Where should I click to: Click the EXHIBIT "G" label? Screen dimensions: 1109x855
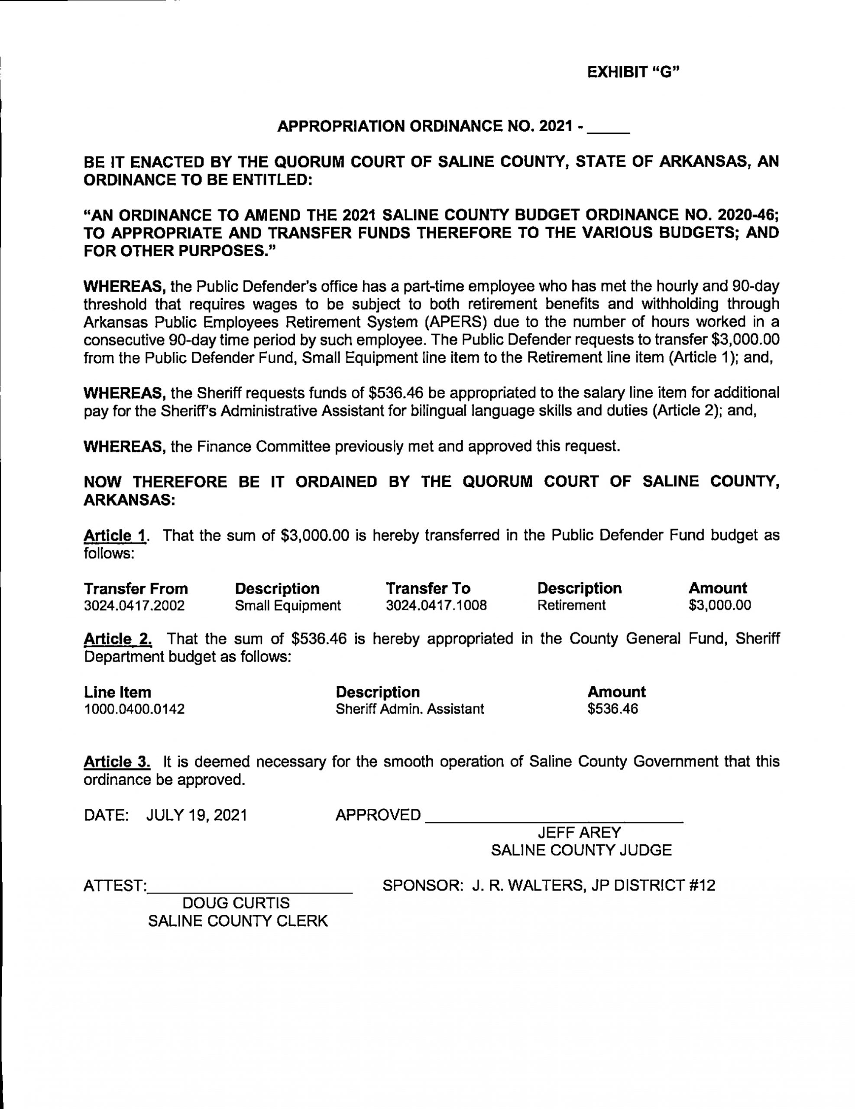(x=633, y=73)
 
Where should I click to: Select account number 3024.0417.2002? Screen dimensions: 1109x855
(x=134, y=605)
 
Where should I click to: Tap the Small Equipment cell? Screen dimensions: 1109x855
(x=287, y=605)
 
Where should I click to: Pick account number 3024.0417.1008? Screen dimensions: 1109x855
(x=436, y=605)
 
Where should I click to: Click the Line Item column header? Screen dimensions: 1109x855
(x=117, y=692)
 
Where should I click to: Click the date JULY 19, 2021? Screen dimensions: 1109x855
(x=197, y=815)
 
